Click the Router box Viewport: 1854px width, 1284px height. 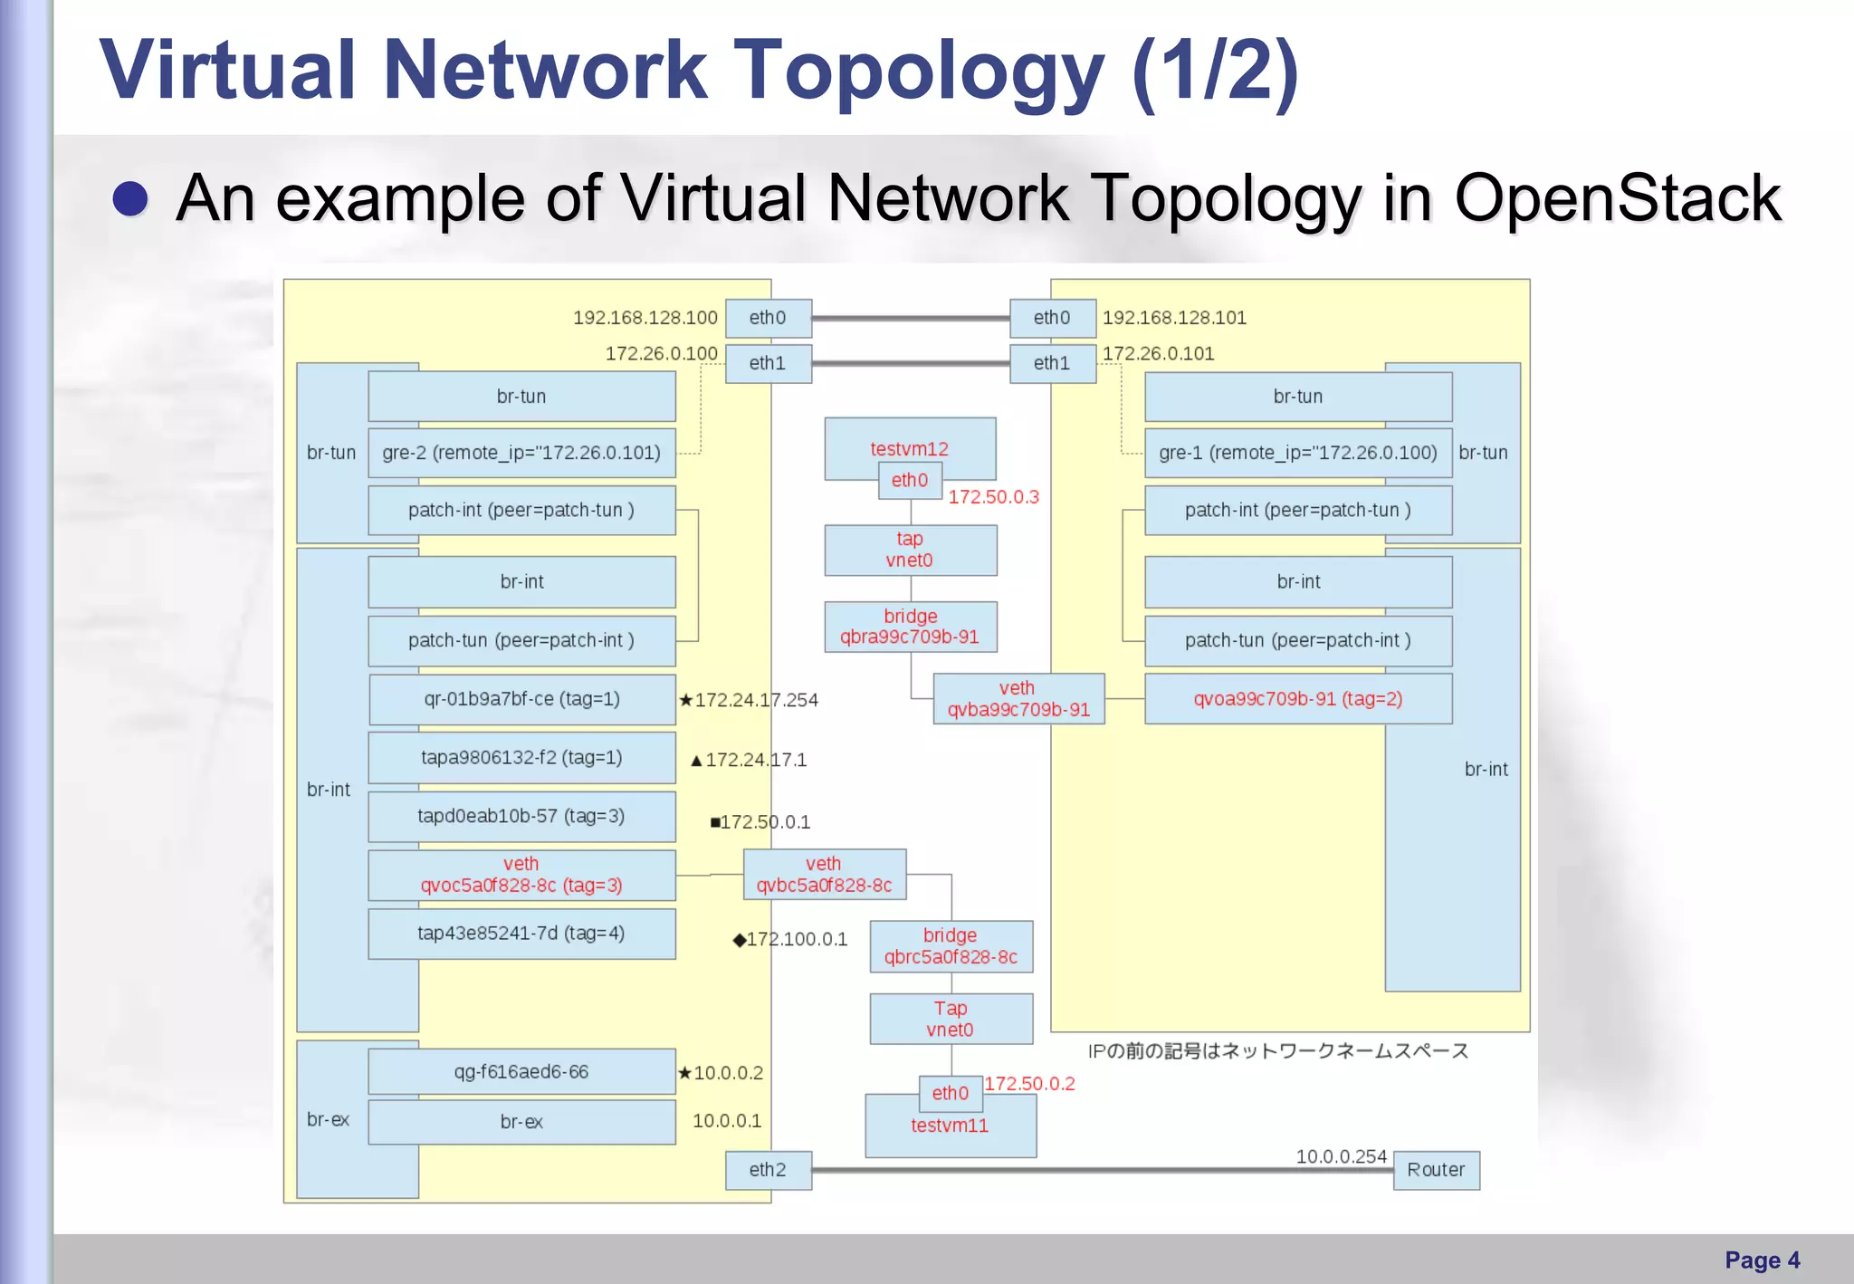point(1436,1170)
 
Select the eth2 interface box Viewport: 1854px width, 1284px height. point(768,1170)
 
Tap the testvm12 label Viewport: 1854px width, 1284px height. point(909,448)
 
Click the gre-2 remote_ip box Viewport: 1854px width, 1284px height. point(521,453)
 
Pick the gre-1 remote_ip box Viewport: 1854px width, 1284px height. point(1297,453)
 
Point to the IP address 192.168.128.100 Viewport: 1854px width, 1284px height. point(645,318)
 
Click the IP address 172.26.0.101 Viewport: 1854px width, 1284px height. point(1158,353)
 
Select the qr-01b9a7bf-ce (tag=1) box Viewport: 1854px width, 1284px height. point(521,699)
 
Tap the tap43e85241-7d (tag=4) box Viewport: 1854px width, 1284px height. point(521,934)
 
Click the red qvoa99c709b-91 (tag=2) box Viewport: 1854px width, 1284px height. point(1297,699)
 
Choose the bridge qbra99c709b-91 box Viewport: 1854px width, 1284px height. point(910,627)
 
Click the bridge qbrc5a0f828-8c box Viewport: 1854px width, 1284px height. point(951,946)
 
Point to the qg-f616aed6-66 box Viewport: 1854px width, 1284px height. point(521,1072)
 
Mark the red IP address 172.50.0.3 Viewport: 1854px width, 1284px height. point(993,497)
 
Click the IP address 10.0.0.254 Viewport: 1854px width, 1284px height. point(1341,1156)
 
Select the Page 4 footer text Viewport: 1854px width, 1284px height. point(1762,1260)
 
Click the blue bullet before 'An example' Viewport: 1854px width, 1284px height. point(130,198)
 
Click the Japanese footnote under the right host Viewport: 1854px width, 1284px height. point(1277,1051)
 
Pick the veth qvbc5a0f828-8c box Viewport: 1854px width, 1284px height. point(824,875)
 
